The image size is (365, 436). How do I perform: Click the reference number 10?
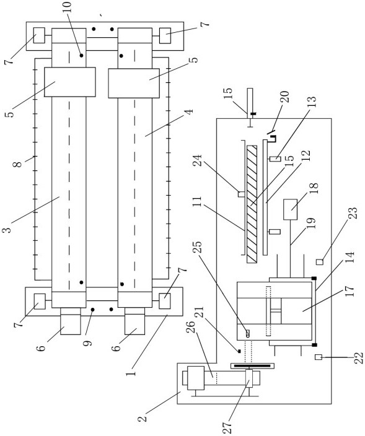point(68,7)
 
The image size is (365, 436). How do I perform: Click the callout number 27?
point(227,427)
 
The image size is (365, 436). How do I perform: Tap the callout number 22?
point(359,358)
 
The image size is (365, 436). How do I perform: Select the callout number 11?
point(196,203)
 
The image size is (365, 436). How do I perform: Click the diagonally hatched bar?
point(252,204)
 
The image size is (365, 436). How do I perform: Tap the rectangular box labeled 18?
point(291,209)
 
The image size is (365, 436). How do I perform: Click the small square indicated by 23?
point(320,261)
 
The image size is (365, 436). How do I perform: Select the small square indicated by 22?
point(319,357)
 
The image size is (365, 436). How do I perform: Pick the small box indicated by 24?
point(241,194)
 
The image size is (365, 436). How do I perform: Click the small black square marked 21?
point(239,351)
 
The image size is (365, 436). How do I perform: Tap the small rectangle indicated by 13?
point(275,159)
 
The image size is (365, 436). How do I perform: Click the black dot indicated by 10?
point(82,56)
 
